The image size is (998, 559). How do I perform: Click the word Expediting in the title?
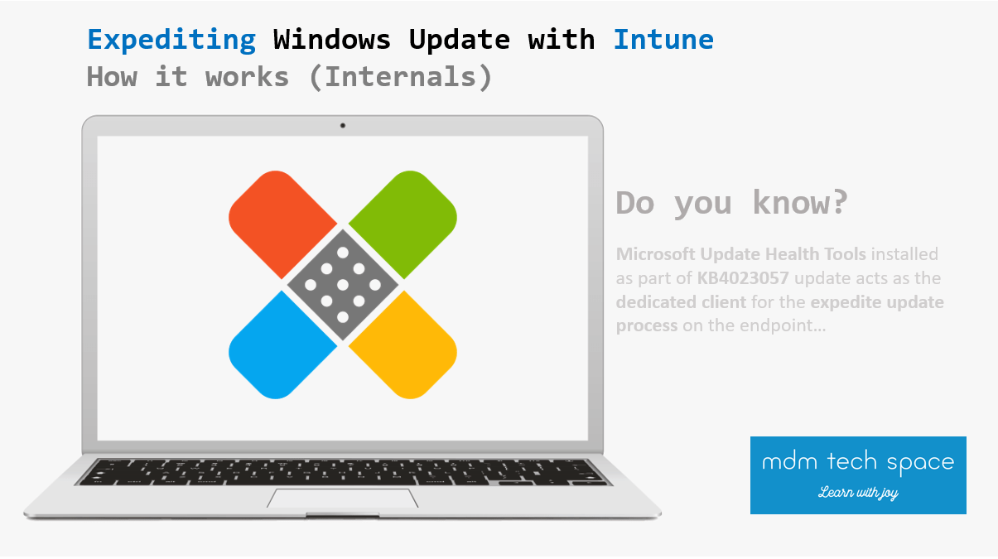171,39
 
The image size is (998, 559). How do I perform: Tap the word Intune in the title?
663,39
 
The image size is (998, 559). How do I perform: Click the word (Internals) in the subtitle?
408,77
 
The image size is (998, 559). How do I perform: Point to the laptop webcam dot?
342,126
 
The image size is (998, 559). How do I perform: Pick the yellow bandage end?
409,351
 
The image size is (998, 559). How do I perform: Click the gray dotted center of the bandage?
342,285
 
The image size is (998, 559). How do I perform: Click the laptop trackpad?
342,498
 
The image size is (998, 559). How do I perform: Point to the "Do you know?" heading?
731,202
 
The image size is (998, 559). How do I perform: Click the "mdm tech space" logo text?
857,462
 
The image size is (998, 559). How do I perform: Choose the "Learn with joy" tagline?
857,493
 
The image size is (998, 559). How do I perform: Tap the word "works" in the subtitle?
248,77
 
